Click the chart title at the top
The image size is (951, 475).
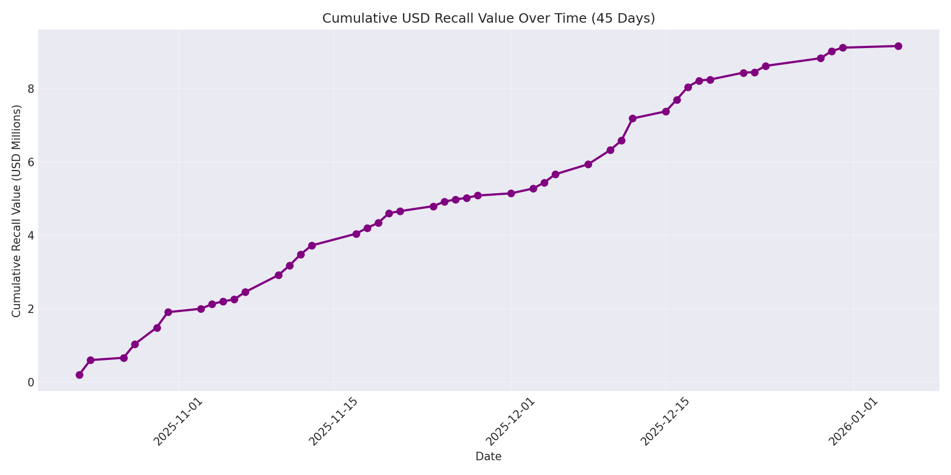tap(488, 18)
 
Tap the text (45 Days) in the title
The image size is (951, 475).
tap(623, 18)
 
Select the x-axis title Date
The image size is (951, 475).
tap(488, 457)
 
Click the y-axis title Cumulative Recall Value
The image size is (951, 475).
tap(16, 211)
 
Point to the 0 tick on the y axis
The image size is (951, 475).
tap(31, 382)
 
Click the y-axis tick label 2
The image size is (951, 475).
tap(31, 309)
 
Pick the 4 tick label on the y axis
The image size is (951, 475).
tap(31, 235)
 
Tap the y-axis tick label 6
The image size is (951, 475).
tap(31, 162)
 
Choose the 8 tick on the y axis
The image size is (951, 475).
tap(31, 89)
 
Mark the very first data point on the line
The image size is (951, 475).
tap(79, 375)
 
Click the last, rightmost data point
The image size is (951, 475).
tap(898, 46)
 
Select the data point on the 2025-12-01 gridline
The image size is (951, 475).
tap(511, 193)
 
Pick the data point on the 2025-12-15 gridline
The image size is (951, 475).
tap(666, 111)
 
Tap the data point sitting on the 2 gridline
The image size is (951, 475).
tap(201, 309)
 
